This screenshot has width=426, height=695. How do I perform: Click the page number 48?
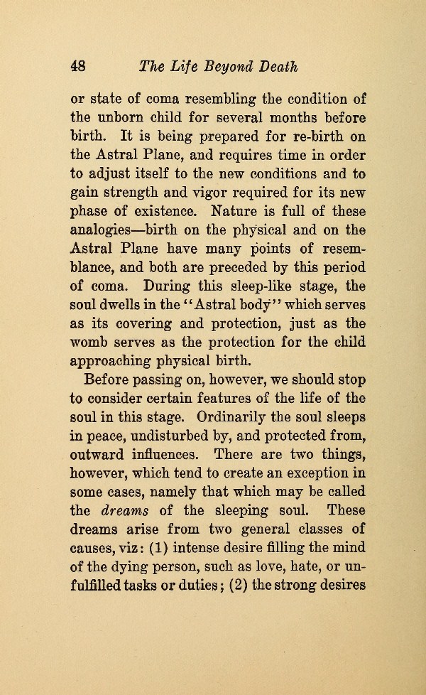77,67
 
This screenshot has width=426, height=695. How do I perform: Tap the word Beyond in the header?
215,67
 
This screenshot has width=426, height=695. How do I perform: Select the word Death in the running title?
273,67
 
